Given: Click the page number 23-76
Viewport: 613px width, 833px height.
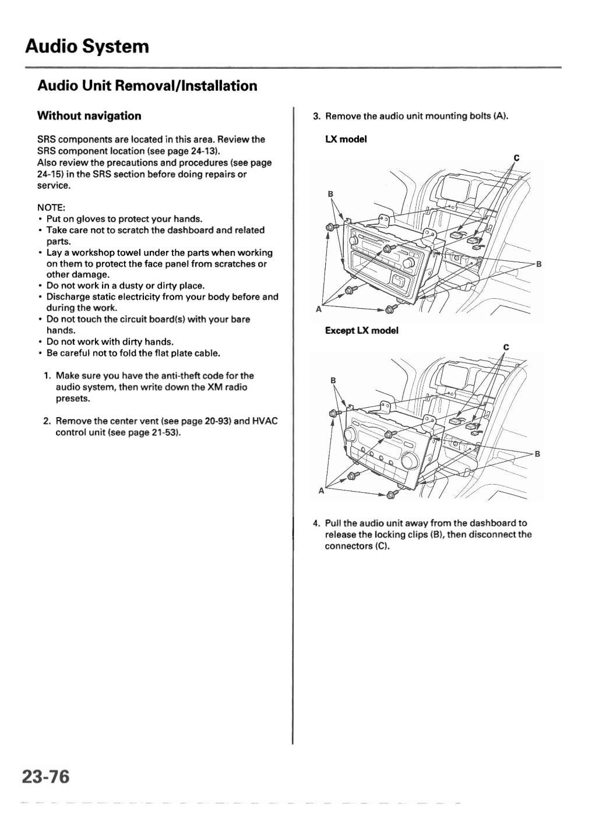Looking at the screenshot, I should click(x=45, y=776).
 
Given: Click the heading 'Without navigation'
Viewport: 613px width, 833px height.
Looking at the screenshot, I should click(x=89, y=116).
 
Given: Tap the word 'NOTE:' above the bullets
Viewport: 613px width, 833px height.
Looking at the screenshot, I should click(x=51, y=208).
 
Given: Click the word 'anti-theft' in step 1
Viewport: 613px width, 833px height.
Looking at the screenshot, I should click(x=185, y=376).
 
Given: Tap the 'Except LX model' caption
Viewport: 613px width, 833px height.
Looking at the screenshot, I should click(x=361, y=330).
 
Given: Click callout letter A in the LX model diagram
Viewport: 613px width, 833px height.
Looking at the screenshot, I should click(x=318, y=309).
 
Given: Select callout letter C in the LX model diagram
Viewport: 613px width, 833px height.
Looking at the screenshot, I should click(x=516, y=158).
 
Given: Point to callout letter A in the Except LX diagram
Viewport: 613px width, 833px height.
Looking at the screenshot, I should click(x=320, y=491).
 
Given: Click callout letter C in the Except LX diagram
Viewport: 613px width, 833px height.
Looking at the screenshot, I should click(x=506, y=348).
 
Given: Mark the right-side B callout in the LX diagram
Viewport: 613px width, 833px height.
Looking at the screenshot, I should click(x=539, y=264).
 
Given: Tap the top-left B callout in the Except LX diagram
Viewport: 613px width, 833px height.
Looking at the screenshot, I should click(x=333, y=380).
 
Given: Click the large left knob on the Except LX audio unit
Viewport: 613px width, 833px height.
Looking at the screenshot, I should click(x=351, y=435).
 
